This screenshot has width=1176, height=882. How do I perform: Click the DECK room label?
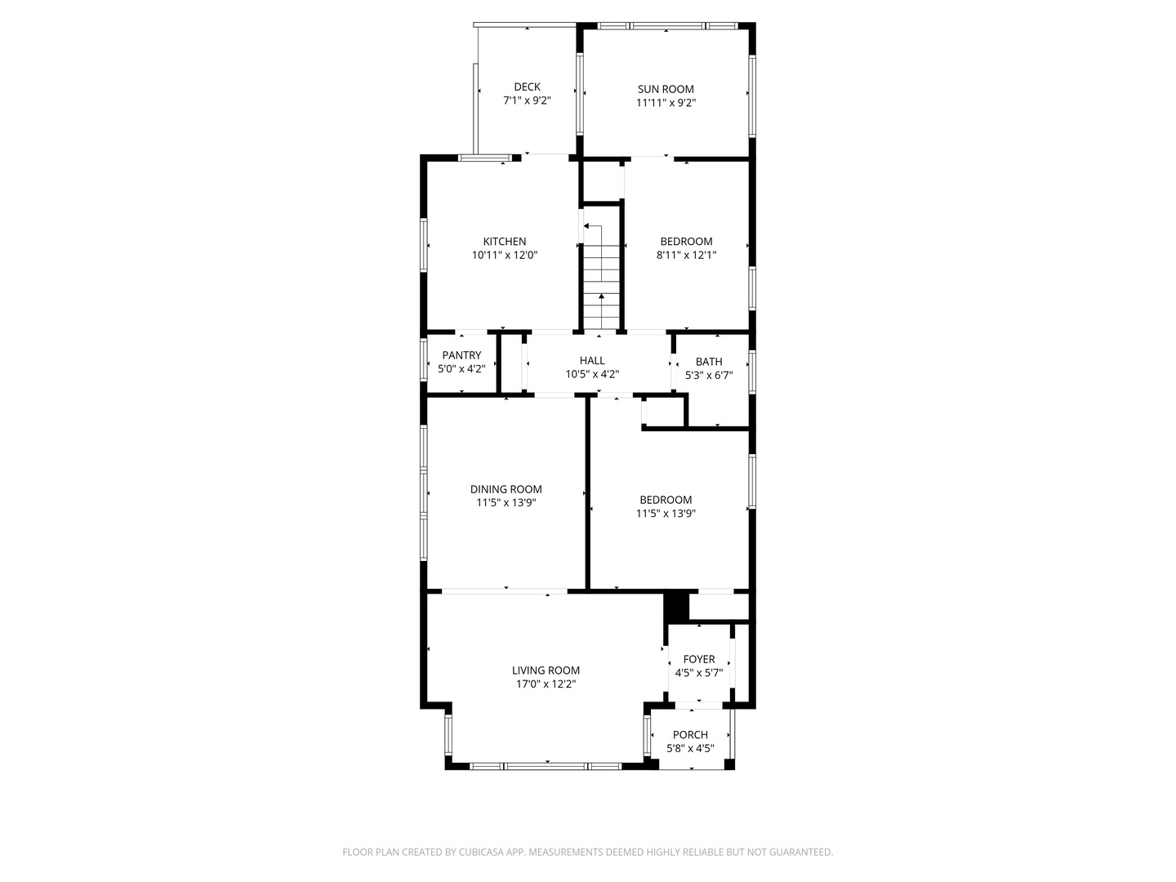click(x=527, y=87)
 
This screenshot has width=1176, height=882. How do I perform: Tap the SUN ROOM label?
click(x=666, y=89)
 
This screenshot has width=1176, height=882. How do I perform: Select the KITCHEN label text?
click(x=505, y=241)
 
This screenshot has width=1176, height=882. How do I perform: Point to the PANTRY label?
click(x=461, y=355)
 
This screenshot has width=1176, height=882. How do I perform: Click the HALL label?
click(x=592, y=360)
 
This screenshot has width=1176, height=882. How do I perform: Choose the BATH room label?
click(x=709, y=362)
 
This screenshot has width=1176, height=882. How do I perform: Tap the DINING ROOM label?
click(x=506, y=489)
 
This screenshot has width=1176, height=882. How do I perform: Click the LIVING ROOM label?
click(x=546, y=670)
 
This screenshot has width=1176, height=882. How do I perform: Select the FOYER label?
click(x=699, y=659)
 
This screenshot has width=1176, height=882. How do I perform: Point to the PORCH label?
click(x=690, y=735)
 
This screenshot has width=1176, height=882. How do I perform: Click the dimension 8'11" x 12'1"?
click(x=686, y=255)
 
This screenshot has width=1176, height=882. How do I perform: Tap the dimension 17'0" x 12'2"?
click(x=546, y=684)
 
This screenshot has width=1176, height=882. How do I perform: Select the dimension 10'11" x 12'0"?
click(x=505, y=255)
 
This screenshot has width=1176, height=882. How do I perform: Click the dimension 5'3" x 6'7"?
click(x=709, y=376)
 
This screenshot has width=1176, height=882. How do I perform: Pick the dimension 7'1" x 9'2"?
click(x=527, y=101)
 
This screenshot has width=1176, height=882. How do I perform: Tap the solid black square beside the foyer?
click(x=676, y=606)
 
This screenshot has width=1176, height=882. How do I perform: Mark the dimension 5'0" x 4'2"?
click(x=461, y=369)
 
